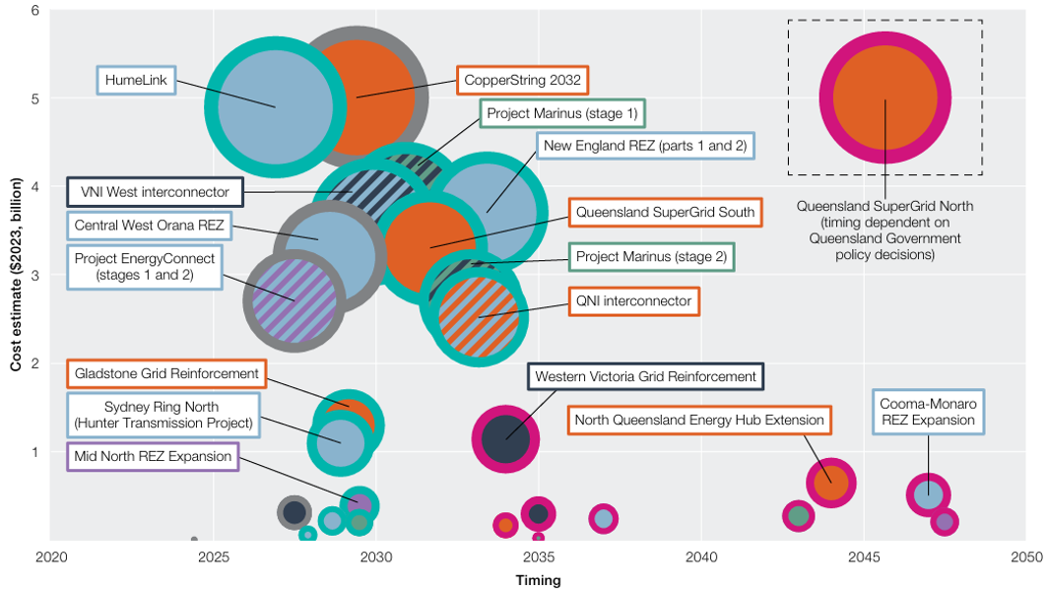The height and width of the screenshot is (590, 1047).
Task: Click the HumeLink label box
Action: pos(136,80)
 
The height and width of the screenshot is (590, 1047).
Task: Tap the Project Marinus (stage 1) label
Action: pos(562,113)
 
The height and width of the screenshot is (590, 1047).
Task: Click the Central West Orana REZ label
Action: pos(150,226)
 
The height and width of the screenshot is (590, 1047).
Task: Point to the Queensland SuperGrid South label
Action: pos(665,212)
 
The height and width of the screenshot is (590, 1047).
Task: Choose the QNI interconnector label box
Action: pos(634,300)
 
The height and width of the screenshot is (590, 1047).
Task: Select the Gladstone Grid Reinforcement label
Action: pos(166,374)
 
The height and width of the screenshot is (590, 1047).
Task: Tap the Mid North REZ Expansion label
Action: pos(153,456)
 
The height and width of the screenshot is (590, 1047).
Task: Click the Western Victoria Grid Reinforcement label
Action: pos(645,376)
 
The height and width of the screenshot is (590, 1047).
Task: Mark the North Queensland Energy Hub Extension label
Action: pos(699,421)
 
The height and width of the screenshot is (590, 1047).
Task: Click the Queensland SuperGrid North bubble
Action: pos(884,98)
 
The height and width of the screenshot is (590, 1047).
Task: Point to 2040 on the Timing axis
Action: pos(701,557)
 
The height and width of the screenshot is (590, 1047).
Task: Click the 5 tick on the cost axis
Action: pos(35,98)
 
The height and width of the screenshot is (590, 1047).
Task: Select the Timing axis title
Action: pos(538,580)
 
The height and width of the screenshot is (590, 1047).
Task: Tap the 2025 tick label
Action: pos(213,557)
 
